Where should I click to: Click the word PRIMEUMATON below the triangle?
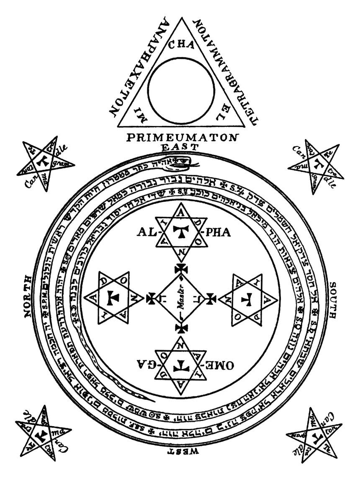(182, 137)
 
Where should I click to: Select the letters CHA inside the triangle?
(181, 46)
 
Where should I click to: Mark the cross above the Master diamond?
(181, 269)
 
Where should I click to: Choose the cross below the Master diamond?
(181, 328)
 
